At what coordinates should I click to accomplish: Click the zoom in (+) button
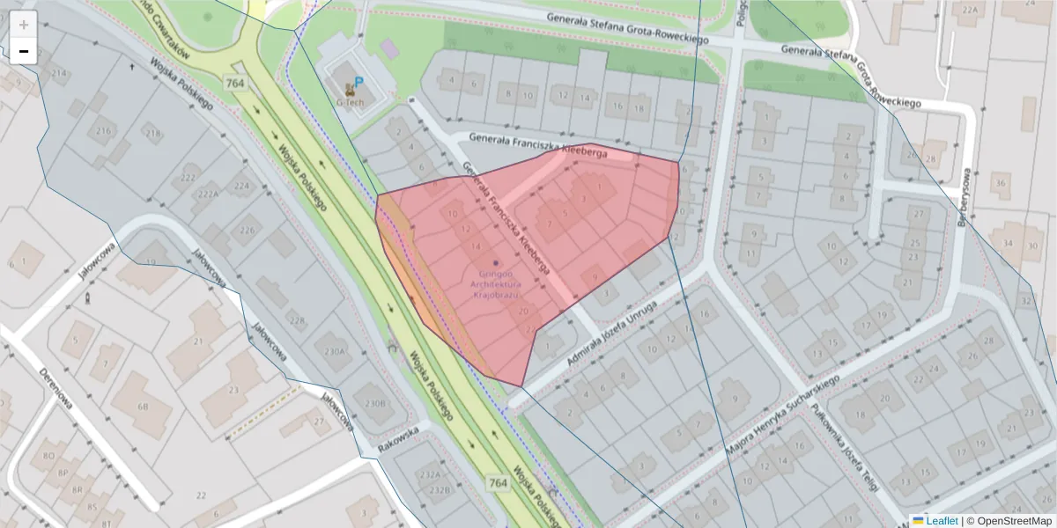coord(24,24)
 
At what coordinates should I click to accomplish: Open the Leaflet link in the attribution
coord(941,521)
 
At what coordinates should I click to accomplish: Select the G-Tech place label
coord(350,101)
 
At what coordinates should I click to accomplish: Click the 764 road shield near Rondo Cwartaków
coord(235,84)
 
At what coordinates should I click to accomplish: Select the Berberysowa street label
coord(964,198)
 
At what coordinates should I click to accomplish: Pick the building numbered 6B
coord(143,407)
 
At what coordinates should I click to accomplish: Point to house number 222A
coord(209,194)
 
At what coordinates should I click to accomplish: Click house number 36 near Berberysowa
coord(1000,183)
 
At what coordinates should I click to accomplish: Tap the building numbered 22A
coord(970,10)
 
